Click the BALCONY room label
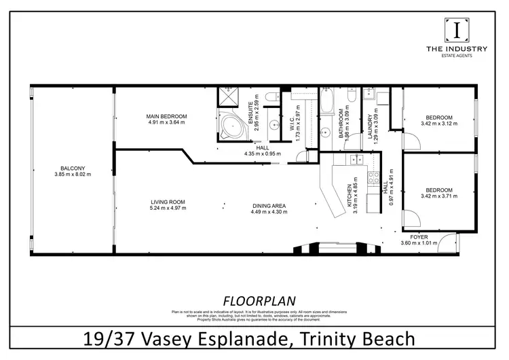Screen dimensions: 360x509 click(x=73, y=168)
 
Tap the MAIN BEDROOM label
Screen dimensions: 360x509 click(x=166, y=117)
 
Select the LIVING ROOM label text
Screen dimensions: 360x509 click(x=168, y=201)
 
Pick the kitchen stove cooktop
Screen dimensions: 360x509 click(x=373, y=179)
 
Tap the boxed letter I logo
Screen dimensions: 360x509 click(x=457, y=31)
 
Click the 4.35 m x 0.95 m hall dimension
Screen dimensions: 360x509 click(x=262, y=153)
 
